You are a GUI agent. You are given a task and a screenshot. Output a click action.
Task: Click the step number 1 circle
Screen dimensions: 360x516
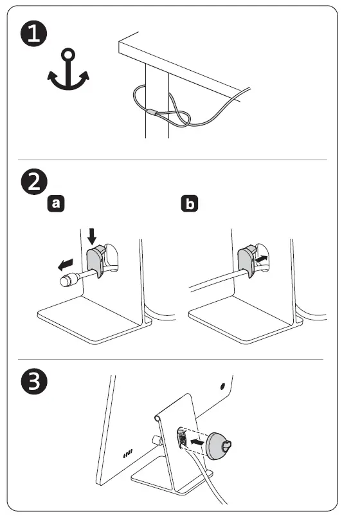(34, 33)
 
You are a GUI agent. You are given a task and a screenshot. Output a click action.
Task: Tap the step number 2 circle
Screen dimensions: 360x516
(34, 181)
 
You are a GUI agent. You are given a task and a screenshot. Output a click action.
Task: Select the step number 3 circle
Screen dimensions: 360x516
(34, 382)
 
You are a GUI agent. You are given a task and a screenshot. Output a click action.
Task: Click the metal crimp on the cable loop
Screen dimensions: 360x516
(152, 112)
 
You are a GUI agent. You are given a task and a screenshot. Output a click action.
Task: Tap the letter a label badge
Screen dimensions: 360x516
(56, 203)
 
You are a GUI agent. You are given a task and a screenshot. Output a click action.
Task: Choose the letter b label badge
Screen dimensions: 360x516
(190, 203)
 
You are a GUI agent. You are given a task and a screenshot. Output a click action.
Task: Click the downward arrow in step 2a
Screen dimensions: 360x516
(92, 237)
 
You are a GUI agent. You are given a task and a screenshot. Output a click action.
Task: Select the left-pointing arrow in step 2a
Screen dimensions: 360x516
(66, 264)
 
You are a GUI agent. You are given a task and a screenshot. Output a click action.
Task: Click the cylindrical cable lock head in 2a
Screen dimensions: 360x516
(68, 280)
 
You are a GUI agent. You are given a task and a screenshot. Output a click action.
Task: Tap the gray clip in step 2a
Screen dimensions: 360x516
(95, 260)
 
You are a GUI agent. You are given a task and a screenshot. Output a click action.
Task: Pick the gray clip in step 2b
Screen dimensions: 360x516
(247, 260)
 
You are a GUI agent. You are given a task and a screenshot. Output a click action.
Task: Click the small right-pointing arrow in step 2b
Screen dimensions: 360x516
(261, 259)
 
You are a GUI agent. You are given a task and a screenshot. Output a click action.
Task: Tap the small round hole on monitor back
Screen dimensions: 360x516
(222, 385)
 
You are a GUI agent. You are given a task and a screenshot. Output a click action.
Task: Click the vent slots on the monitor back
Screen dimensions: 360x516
(127, 454)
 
